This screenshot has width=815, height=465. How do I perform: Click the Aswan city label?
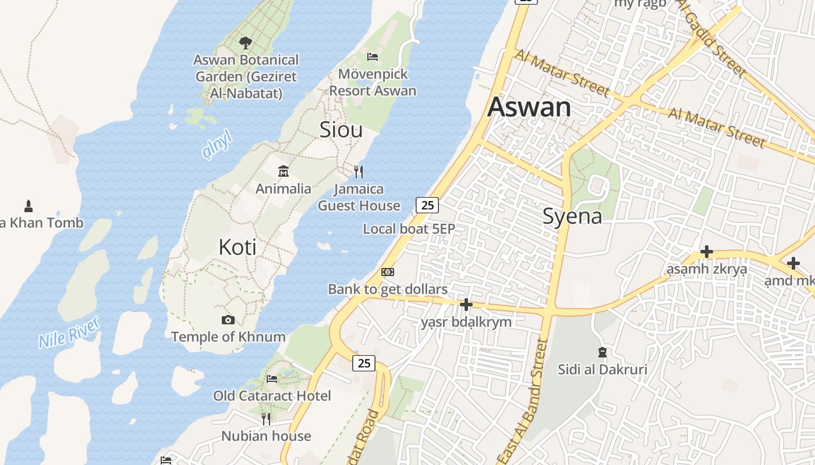coord(529,108)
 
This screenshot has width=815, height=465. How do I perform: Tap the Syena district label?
coord(572,216)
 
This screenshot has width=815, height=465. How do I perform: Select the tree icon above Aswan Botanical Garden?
coord(246,42)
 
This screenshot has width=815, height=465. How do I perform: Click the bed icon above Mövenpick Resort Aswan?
coord(373,56)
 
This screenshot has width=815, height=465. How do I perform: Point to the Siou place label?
coord(341,130)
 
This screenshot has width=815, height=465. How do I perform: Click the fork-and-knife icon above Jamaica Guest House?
coord(359,171)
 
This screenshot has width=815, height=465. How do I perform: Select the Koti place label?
coord(238,248)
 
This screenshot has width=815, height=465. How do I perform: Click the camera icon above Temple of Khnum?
coord(228,320)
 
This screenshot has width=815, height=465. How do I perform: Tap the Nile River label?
coord(69,332)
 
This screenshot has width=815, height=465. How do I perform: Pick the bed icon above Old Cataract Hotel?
coord(272,379)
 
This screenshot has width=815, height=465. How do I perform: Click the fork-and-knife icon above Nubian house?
coord(266,419)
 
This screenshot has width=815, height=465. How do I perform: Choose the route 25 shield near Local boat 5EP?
coord(427,205)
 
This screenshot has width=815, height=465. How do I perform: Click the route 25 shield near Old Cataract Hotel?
coord(364,363)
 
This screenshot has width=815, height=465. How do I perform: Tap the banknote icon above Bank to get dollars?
coord(388,272)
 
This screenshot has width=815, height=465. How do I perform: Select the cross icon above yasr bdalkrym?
coord(466,305)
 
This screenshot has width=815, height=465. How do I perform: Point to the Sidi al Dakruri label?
coord(603,369)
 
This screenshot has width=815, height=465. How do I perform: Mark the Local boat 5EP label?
coord(409,229)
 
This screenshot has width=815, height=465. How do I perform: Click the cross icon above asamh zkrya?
coord(707,252)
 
